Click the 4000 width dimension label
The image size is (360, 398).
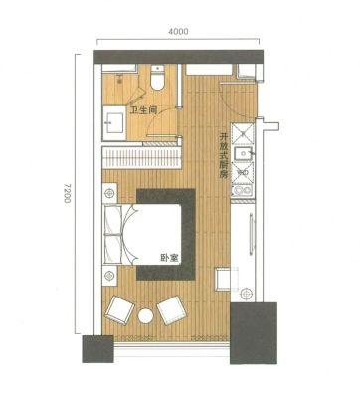tap(178, 32)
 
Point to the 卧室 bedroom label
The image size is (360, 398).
tap(169, 258)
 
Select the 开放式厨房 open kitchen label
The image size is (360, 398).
tap(223, 156)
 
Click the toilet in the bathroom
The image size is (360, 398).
tap(157, 78)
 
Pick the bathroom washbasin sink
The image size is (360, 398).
tap(114, 122)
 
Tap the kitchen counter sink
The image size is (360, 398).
tap(243, 153)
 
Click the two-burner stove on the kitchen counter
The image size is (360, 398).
tap(243, 190)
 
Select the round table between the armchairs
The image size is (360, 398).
tap(145, 315)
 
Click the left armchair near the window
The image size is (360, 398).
tap(119, 308)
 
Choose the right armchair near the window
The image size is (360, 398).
tap(171, 310)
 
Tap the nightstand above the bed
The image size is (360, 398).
tap(109, 193)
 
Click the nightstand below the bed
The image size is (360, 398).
tap(109, 275)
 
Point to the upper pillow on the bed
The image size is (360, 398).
tap(112, 220)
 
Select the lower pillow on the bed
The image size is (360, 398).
tap(112, 249)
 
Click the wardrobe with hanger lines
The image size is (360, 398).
tap(141, 157)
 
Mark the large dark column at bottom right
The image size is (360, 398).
tap(254, 333)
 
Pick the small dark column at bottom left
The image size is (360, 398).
tap(98, 349)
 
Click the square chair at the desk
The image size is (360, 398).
tap(227, 279)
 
